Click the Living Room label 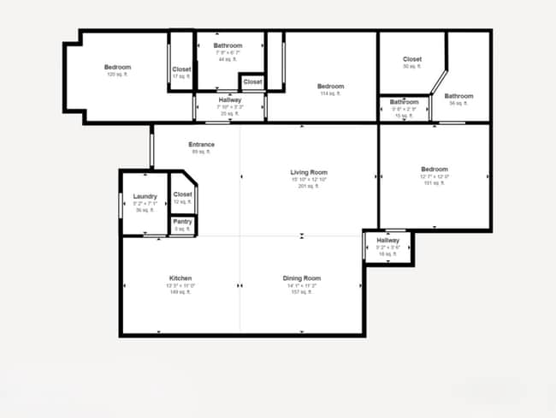[309, 173]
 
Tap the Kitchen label [180, 278]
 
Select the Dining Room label [302, 278]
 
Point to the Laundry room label [145, 197]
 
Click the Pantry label [182, 222]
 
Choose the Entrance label [201, 144]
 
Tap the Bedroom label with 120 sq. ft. [117, 68]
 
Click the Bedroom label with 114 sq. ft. [330, 87]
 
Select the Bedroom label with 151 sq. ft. [435, 170]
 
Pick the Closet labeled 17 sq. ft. [181, 69]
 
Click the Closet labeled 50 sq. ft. [412, 59]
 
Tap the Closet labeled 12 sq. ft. [182, 194]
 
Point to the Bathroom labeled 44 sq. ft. [228, 45]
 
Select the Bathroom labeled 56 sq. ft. [458, 96]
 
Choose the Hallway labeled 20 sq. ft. [229, 100]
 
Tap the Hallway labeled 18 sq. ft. [388, 241]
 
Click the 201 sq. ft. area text [309, 186]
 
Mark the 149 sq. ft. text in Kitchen [180, 292]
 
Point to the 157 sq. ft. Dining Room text [302, 292]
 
